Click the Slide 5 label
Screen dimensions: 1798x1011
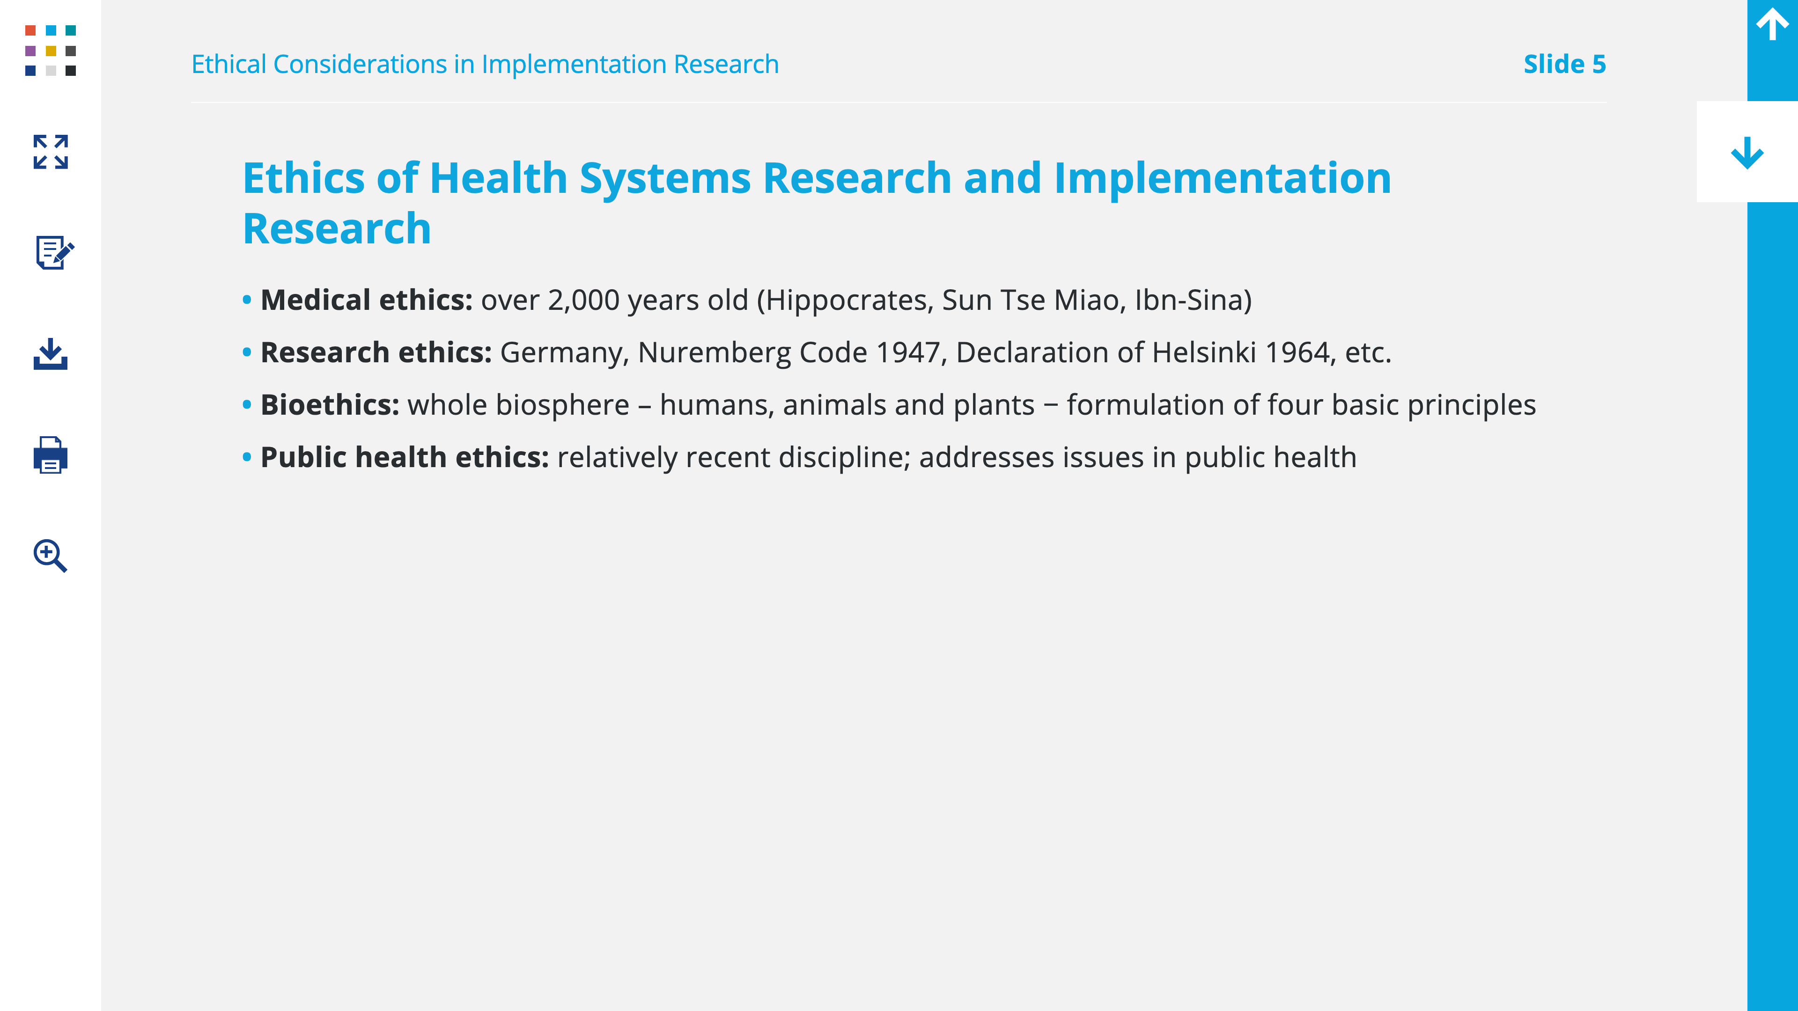pyautogui.click(x=1564, y=64)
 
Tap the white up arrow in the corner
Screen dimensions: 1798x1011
pyautogui.click(x=1772, y=24)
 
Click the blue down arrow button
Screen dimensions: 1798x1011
pyautogui.click(x=1747, y=152)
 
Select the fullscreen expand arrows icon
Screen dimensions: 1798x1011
pyautogui.click(x=50, y=152)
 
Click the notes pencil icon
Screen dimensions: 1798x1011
pyautogui.click(x=54, y=252)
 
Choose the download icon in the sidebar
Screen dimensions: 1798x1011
pyautogui.click(x=50, y=354)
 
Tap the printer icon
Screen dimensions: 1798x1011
pyautogui.click(x=50, y=455)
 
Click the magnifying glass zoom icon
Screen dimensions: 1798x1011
pyautogui.click(x=50, y=556)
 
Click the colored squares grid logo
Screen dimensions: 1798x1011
pyautogui.click(x=50, y=50)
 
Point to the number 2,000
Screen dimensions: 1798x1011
pyautogui.click(x=583, y=300)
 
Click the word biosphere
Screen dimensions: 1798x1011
pyautogui.click(x=562, y=405)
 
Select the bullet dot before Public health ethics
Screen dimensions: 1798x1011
pyautogui.click(x=246, y=458)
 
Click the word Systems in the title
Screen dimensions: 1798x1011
pyautogui.click(x=665, y=179)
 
